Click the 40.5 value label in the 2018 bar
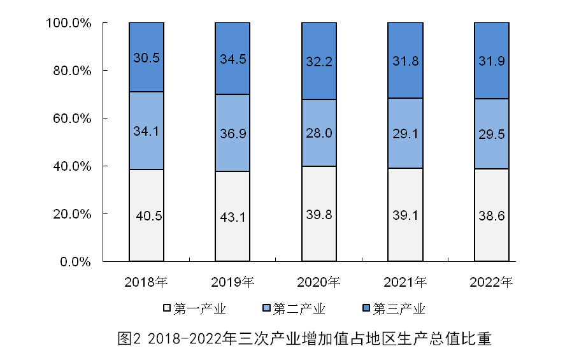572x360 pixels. [x=149, y=216]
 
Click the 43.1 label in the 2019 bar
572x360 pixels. [x=232, y=217]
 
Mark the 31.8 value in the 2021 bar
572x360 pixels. [x=405, y=60]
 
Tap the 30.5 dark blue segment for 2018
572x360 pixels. [x=147, y=58]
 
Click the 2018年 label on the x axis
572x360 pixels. [x=146, y=281]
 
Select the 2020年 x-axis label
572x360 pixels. [x=318, y=281]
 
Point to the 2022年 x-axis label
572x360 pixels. [x=491, y=281]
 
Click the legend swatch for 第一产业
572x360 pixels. [x=168, y=309]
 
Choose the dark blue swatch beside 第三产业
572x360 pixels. [x=366, y=309]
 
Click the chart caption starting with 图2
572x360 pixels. [x=305, y=338]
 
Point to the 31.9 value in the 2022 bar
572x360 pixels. [x=491, y=60]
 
